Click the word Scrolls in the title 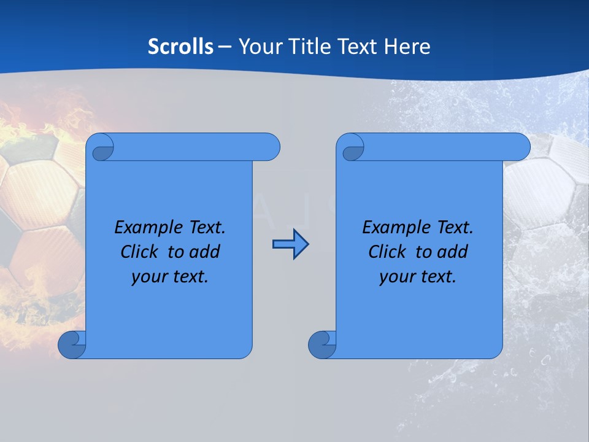181,47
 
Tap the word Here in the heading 407,47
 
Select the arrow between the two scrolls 290,244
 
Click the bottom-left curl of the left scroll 72,344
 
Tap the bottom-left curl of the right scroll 322,344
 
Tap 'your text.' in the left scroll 169,277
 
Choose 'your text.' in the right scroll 417,277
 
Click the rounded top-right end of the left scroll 271,147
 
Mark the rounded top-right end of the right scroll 520,147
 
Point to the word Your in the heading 258,47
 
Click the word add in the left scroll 204,252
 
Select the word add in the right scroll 452,252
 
